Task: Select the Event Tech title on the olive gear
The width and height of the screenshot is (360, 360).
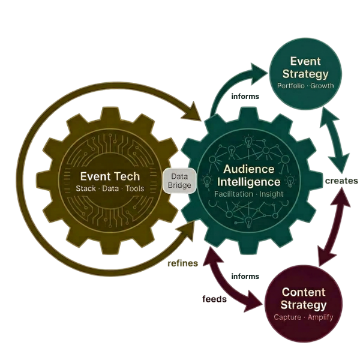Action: (110, 176)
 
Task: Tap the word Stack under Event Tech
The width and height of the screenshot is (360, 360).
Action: (88, 190)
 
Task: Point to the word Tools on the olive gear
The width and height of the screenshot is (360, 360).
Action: (135, 190)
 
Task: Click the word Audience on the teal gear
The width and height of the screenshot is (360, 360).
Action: (246, 169)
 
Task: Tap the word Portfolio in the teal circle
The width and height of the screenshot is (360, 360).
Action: (290, 86)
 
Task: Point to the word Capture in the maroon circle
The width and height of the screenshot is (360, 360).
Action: (286, 317)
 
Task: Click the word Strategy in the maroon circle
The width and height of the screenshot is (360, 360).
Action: (304, 305)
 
